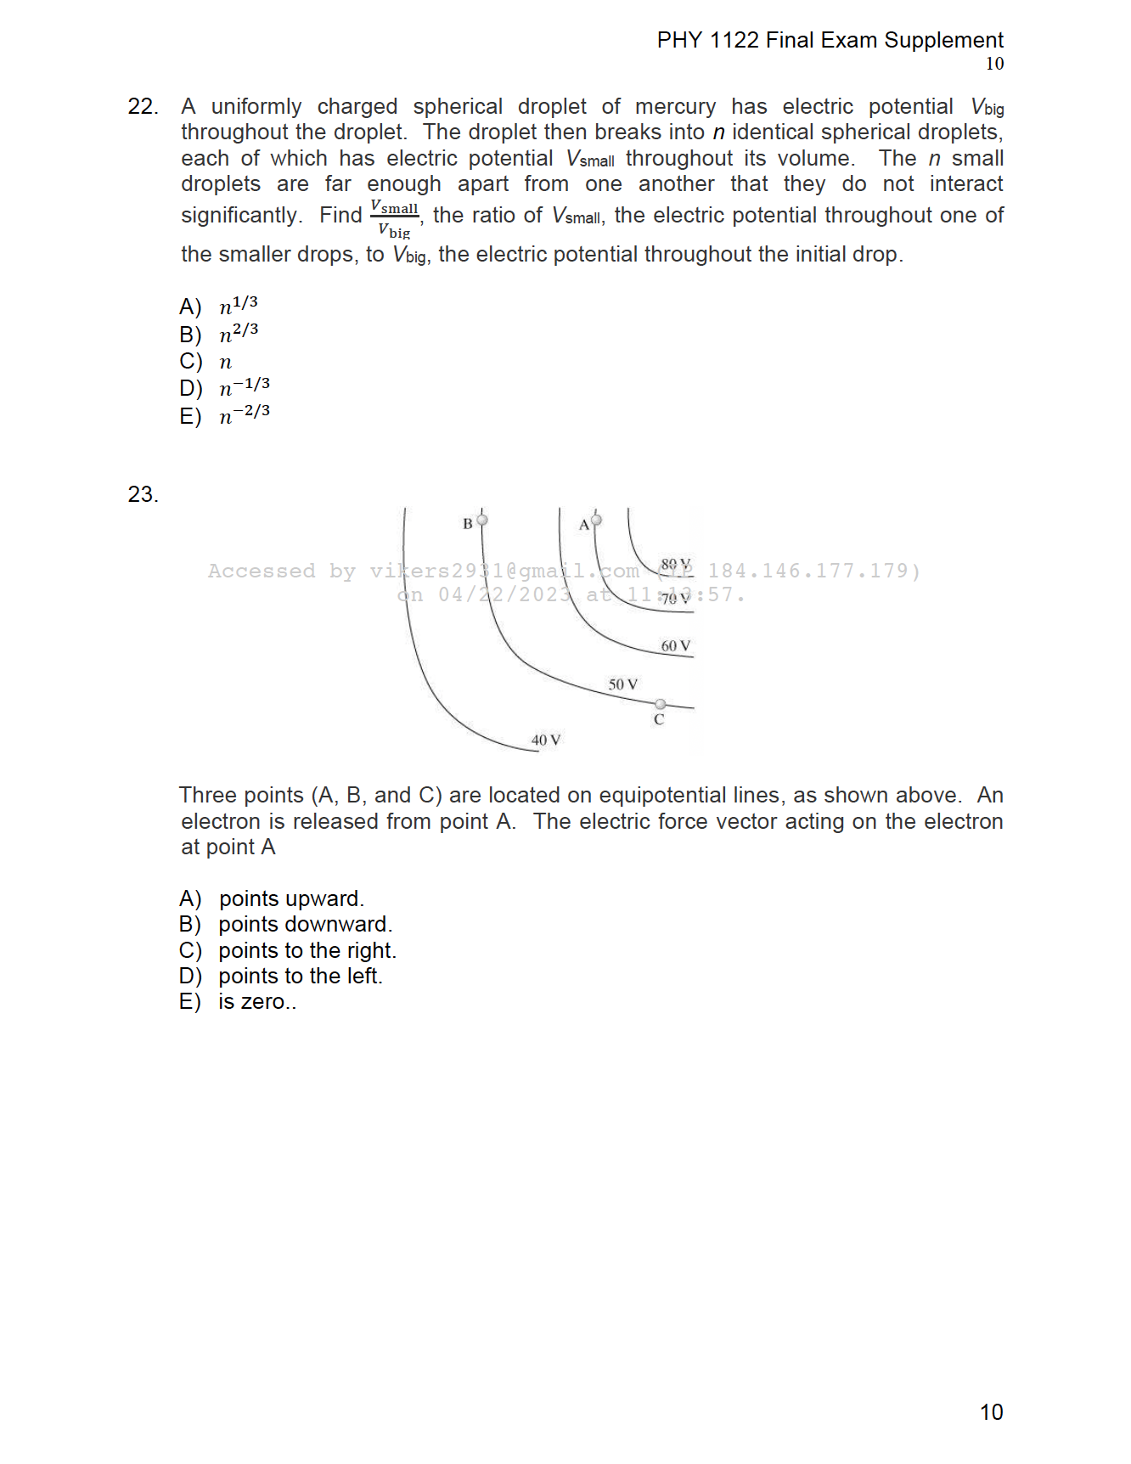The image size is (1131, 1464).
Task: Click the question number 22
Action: (x=143, y=106)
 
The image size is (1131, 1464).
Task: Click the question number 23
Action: (x=143, y=494)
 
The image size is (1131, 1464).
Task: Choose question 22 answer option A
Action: (x=219, y=306)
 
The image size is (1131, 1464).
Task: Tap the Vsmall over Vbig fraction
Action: (x=395, y=219)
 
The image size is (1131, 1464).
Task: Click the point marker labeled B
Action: (x=482, y=520)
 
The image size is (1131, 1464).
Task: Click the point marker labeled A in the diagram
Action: (x=596, y=520)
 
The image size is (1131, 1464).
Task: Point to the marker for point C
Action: (x=661, y=704)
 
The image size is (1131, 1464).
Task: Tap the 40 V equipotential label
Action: (x=546, y=740)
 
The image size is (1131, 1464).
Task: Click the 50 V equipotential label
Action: (x=623, y=684)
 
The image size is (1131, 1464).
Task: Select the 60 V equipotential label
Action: (x=676, y=646)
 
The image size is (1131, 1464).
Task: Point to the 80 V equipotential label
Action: (x=676, y=565)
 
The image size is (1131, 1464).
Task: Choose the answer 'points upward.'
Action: (x=291, y=898)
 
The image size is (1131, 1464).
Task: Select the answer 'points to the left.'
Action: (x=300, y=976)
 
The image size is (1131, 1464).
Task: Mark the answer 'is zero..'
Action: (x=256, y=1002)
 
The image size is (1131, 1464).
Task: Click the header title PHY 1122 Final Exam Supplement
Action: (x=830, y=40)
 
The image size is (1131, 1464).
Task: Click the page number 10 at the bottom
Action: (x=991, y=1412)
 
